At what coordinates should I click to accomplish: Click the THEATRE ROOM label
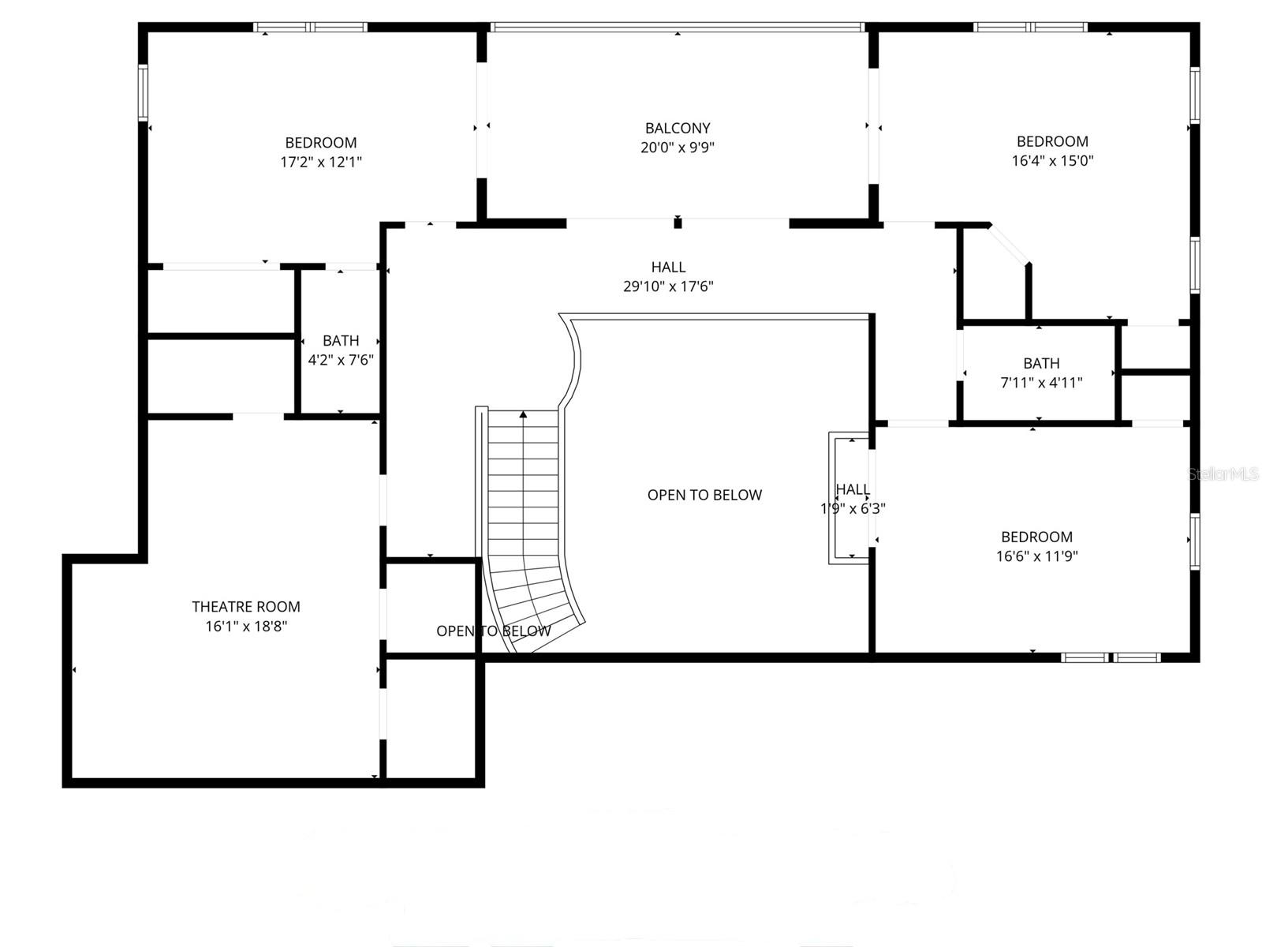pyautogui.click(x=245, y=607)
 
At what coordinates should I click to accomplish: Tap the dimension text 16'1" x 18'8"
pyautogui.click(x=245, y=627)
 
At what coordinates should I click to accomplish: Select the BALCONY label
pyautogui.click(x=678, y=128)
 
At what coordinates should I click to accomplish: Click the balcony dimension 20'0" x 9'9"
pyautogui.click(x=678, y=148)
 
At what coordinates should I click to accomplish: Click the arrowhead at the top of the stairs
pyautogui.click(x=523, y=414)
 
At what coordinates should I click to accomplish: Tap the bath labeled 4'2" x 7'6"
pyautogui.click(x=341, y=350)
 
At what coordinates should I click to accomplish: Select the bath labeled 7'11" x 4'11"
pyautogui.click(x=1041, y=372)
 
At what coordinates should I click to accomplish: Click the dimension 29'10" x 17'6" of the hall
pyautogui.click(x=668, y=286)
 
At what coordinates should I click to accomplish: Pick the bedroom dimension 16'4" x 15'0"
pyautogui.click(x=1052, y=161)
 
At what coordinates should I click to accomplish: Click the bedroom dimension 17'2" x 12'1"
pyautogui.click(x=321, y=163)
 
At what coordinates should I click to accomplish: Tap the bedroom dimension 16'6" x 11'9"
pyautogui.click(x=1036, y=556)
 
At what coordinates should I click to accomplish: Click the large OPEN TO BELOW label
pyautogui.click(x=704, y=495)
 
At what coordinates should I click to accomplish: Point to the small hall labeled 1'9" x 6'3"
pyautogui.click(x=852, y=499)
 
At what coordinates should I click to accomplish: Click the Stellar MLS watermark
pyautogui.click(x=1223, y=474)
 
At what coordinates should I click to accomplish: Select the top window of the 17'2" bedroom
pyautogui.click(x=311, y=27)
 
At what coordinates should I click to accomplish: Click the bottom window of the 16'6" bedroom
pyautogui.click(x=1111, y=657)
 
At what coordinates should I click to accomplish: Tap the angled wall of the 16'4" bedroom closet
pyautogui.click(x=1010, y=244)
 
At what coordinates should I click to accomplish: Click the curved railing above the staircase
pyautogui.click(x=574, y=359)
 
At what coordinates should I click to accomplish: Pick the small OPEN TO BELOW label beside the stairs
pyautogui.click(x=494, y=631)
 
